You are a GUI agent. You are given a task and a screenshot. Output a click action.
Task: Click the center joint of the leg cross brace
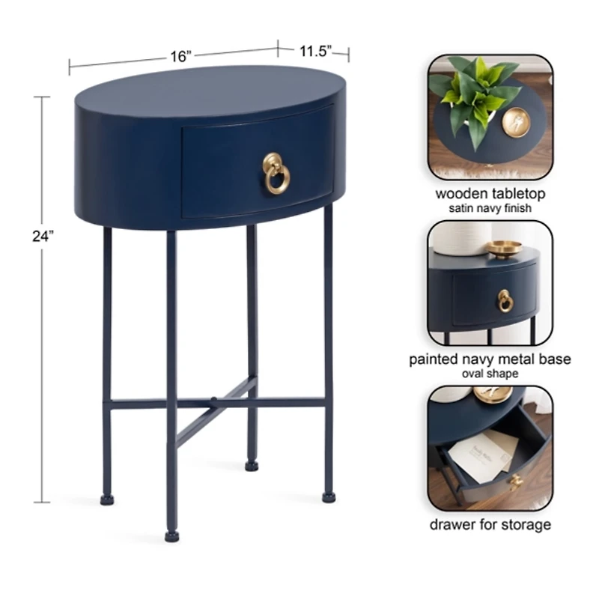pos(213,402)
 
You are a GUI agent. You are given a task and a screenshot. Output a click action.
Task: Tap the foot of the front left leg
pos(172,536)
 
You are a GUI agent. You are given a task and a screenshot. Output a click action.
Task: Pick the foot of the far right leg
pos(328,495)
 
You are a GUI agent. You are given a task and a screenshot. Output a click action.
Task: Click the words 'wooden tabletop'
pos(490,194)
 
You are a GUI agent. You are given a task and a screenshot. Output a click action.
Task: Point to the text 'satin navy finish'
pos(490,208)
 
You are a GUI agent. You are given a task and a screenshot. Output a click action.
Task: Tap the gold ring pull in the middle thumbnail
pos(505,301)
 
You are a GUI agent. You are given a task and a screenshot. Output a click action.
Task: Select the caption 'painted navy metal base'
pos(490,359)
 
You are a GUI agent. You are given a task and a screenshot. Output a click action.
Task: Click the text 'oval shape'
pos(490,373)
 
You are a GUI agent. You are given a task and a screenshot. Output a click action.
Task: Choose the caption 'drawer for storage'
pos(490,524)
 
